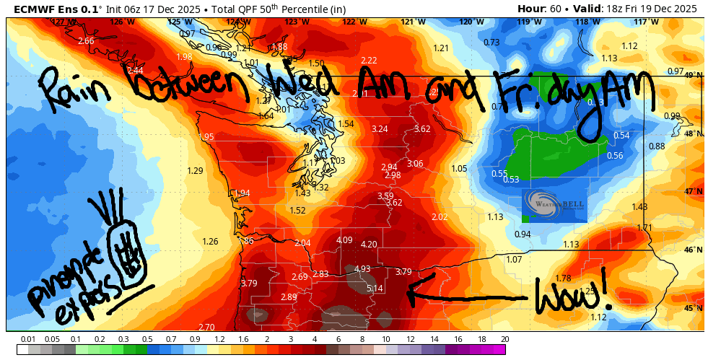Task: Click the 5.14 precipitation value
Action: click(x=375, y=289)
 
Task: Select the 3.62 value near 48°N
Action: click(x=421, y=129)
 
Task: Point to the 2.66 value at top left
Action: click(x=86, y=41)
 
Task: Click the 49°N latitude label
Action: click(x=694, y=75)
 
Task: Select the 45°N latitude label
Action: click(x=694, y=308)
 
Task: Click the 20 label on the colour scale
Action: click(x=504, y=339)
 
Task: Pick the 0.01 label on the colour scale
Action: click(x=28, y=339)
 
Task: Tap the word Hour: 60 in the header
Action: click(x=541, y=9)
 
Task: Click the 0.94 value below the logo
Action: click(x=523, y=234)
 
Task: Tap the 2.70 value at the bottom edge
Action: click(x=206, y=328)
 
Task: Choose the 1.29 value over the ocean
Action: click(x=195, y=171)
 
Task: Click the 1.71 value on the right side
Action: click(x=644, y=228)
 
